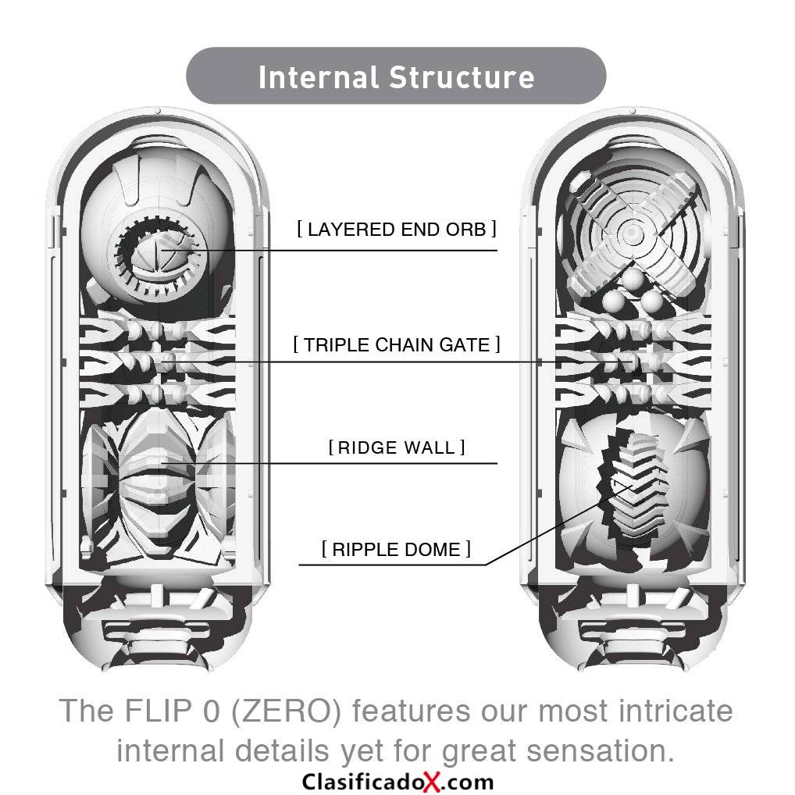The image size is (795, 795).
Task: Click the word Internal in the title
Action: (319, 77)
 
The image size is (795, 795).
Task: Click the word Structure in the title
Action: (462, 77)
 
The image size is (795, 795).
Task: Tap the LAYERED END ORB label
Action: (397, 229)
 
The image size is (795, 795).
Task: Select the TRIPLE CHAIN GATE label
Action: (397, 344)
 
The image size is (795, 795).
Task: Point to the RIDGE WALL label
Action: (397, 447)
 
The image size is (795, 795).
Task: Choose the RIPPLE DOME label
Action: (397, 550)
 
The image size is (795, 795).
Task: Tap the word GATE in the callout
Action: (465, 344)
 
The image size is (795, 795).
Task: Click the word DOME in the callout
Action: (436, 550)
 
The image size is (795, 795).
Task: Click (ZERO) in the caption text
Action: (287, 711)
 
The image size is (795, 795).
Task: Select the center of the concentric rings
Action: (632, 234)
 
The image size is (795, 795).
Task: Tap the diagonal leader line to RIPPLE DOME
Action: (560, 526)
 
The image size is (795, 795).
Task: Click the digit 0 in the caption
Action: (211, 711)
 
